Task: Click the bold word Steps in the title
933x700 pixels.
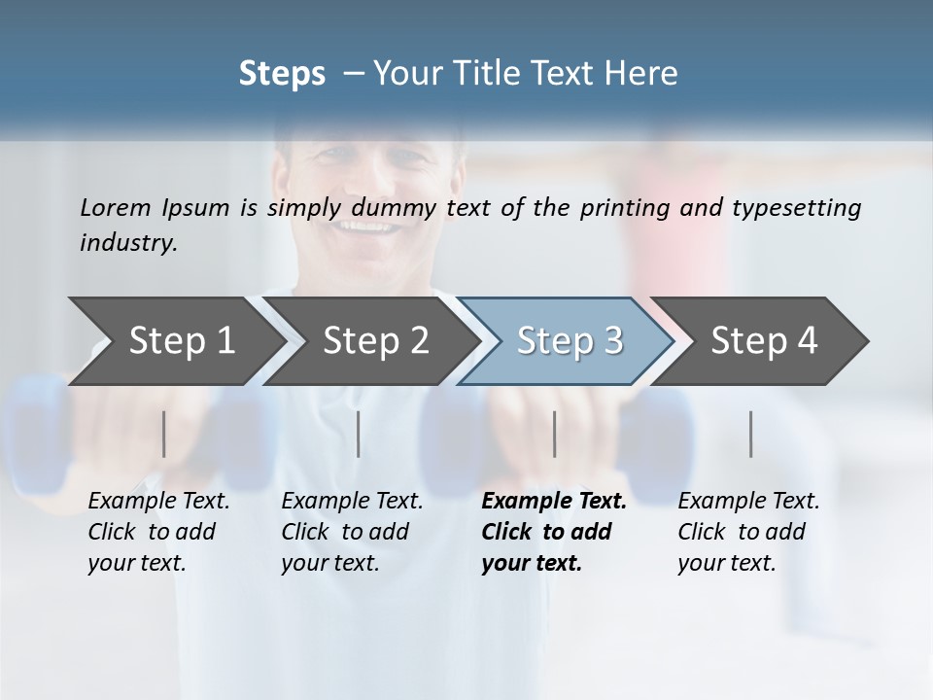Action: pos(282,74)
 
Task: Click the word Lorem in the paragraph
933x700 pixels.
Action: pos(115,207)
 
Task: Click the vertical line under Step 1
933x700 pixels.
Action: pos(164,434)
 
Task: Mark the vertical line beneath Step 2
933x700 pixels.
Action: pos(359,434)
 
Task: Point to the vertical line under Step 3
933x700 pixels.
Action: pos(555,434)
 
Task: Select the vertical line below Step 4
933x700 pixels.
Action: pos(751,434)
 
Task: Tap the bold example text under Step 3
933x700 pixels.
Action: pos(553,532)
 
